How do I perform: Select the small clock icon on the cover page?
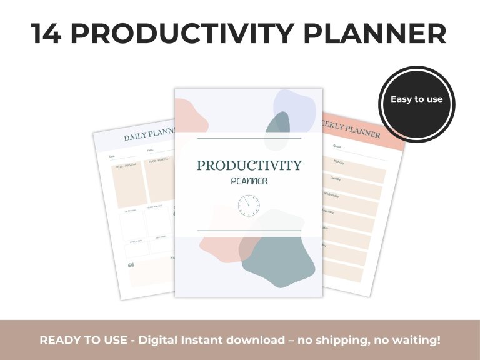point(248,206)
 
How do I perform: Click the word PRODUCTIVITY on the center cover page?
point(249,166)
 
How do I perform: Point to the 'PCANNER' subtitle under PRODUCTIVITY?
point(249,182)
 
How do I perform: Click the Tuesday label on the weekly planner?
point(335,178)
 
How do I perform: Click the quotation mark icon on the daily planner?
point(131,265)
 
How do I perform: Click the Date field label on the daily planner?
point(112,156)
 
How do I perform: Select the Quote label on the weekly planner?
point(337,146)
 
